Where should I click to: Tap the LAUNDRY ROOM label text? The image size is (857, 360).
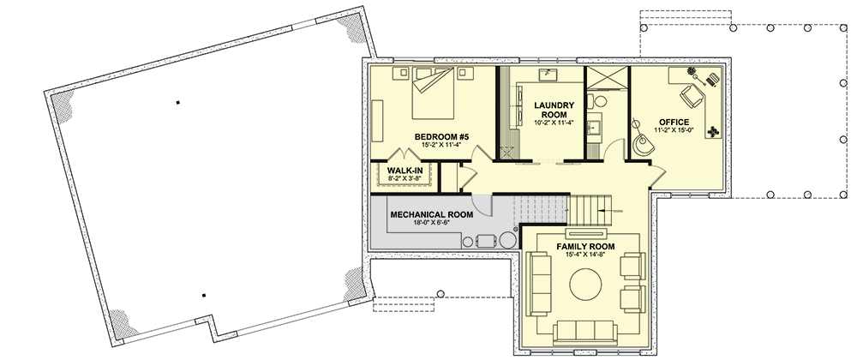(x=554, y=110)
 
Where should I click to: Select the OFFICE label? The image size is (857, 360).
(x=674, y=122)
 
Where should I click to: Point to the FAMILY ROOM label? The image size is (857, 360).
(x=585, y=246)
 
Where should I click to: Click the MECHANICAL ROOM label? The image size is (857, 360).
(x=432, y=214)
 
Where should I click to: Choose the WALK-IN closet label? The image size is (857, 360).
(x=405, y=170)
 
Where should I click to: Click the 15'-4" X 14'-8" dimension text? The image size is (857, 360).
(x=585, y=255)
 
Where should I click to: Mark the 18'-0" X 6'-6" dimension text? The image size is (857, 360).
(x=432, y=223)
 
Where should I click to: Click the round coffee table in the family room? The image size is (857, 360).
(x=585, y=284)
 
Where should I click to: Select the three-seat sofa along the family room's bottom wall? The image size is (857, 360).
(x=585, y=333)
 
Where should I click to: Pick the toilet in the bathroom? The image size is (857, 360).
(x=596, y=100)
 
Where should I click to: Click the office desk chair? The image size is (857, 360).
(x=692, y=96)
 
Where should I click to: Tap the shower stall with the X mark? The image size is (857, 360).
(x=607, y=78)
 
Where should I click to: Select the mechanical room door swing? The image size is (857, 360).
(x=482, y=204)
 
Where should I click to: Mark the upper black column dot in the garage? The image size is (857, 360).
(x=177, y=102)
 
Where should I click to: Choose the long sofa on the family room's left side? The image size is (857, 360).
(x=538, y=284)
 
